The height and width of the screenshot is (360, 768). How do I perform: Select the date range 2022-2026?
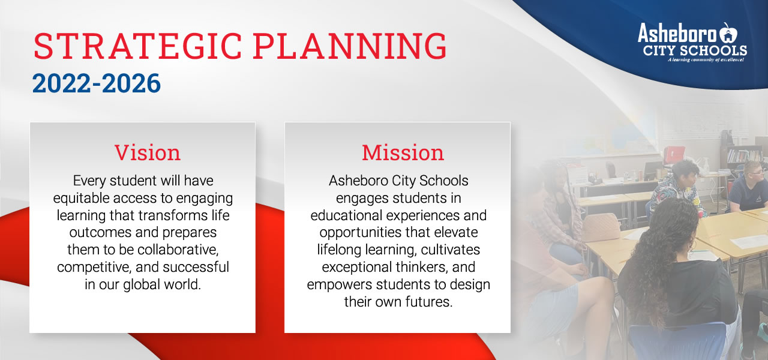97,84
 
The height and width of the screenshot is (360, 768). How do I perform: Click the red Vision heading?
147,153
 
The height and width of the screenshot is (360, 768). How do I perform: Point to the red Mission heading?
403,153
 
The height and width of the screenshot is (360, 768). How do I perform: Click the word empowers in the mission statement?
335,284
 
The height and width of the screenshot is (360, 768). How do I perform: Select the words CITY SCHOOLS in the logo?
695,50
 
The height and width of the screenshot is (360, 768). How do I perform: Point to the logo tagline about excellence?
705,60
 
